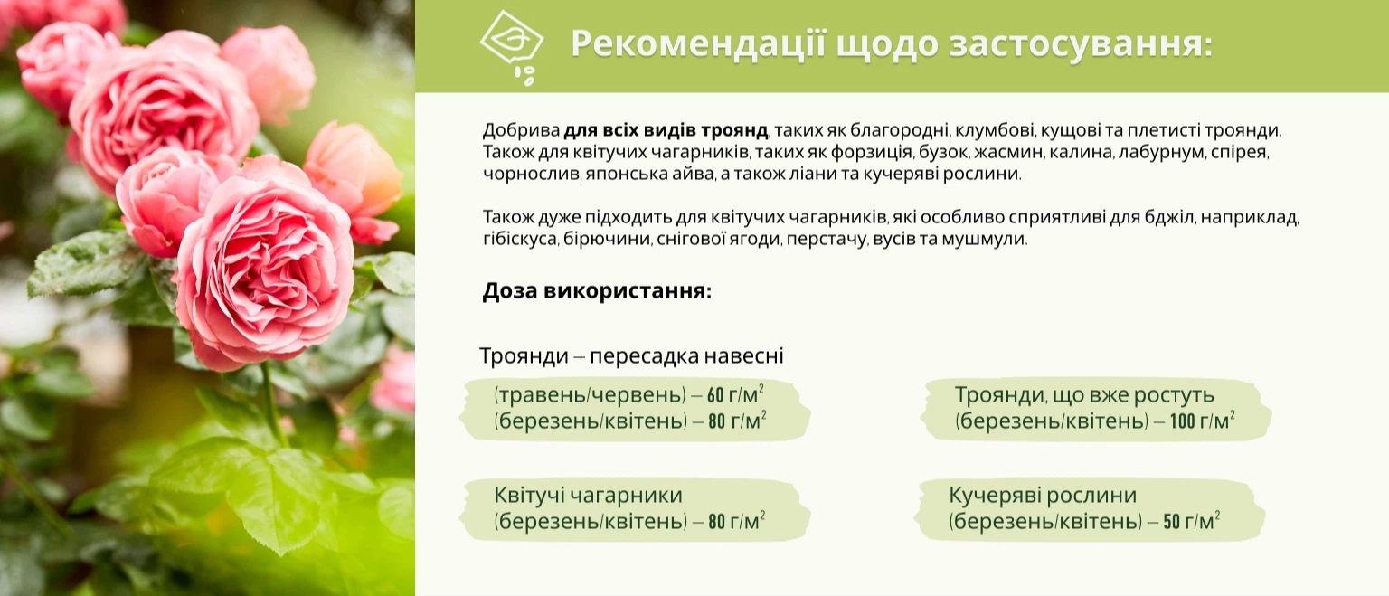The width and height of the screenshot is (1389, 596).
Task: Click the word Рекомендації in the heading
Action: point(698,44)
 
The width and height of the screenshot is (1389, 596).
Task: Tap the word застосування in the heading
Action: point(1081,44)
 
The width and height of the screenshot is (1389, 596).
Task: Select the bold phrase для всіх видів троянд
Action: point(666,130)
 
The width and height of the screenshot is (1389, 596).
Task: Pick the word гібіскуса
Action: point(520,239)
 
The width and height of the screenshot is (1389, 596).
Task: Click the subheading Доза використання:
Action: point(597,291)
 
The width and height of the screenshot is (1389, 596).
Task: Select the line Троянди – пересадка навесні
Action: point(631,356)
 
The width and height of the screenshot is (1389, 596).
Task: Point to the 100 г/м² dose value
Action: point(1203,421)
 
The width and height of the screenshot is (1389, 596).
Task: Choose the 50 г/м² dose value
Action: point(1191,520)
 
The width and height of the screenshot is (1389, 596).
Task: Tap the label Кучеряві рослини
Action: point(1043,495)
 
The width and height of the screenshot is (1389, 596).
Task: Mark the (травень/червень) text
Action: point(590,394)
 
